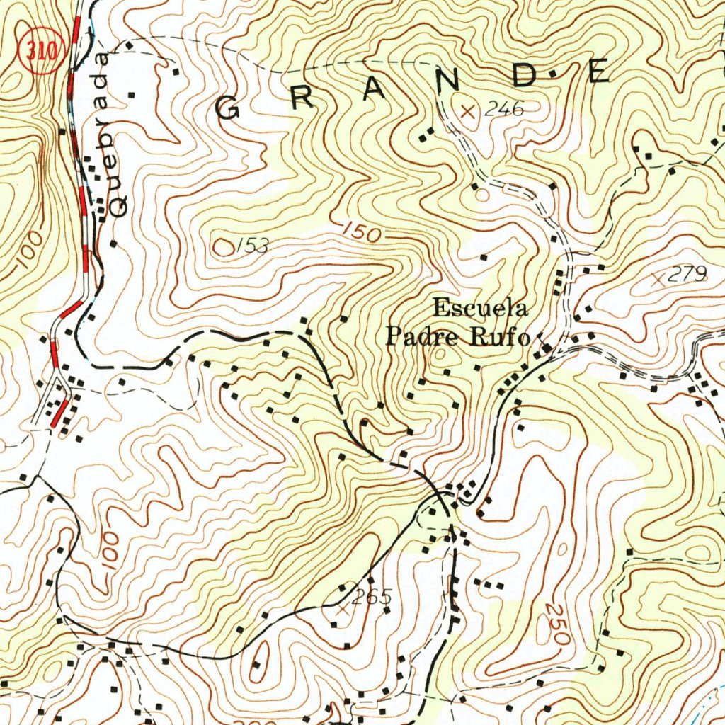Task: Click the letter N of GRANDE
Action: coord(447,81)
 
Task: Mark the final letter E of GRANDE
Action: coord(599,72)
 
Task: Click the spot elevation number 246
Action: coord(503,109)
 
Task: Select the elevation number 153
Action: coord(253,246)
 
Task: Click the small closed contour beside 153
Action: coord(224,247)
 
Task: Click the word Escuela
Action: coord(480,309)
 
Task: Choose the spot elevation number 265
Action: coord(371,597)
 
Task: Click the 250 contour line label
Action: coord(558,624)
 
